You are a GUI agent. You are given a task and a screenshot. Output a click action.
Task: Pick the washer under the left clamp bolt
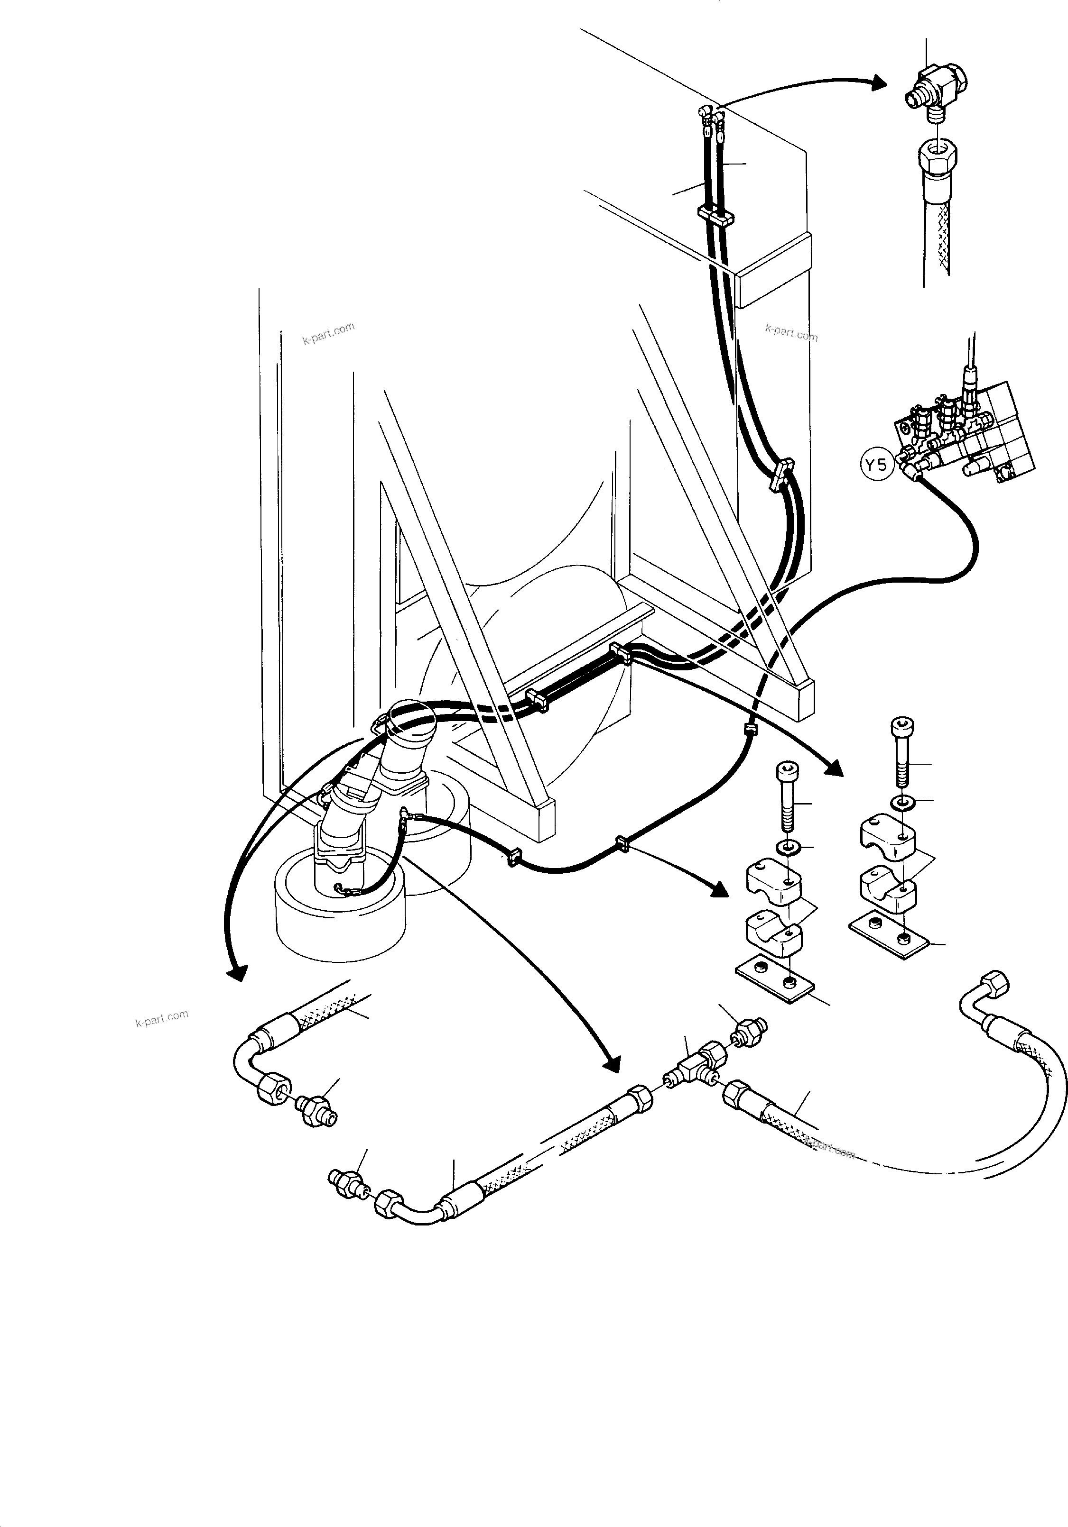pyautogui.click(x=788, y=848)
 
